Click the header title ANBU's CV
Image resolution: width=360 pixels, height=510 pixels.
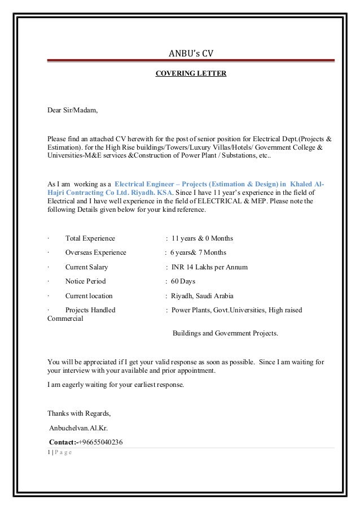coord(191,54)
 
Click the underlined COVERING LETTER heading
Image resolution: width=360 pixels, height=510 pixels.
coord(191,73)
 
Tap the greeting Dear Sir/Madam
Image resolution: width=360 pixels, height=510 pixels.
coord(72,110)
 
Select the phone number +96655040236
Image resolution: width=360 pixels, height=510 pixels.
coord(100,442)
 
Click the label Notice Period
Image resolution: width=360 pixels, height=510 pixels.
coord(85,281)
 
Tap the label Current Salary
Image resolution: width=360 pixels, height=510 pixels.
coord(86,267)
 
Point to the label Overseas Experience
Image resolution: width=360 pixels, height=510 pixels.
coord(95,252)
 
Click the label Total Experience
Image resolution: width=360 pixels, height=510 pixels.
coord(90,238)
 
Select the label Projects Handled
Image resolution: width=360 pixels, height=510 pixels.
coord(90,310)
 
